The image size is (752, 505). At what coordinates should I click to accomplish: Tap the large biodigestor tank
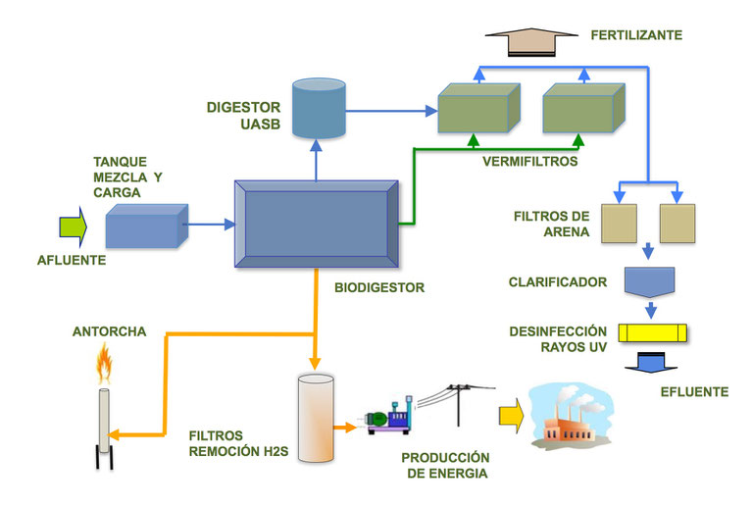pyautogui.click(x=316, y=224)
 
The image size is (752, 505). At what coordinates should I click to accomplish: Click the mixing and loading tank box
pyautogui.click(x=145, y=227)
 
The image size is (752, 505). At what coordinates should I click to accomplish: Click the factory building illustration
pyautogui.click(x=572, y=419)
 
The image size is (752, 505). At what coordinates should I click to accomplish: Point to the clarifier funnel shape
pyautogui.click(x=649, y=283)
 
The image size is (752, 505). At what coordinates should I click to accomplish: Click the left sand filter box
pyautogui.click(x=616, y=223)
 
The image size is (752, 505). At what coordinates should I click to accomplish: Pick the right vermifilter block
pyautogui.click(x=580, y=108)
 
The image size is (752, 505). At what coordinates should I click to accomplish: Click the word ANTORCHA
pyautogui.click(x=109, y=331)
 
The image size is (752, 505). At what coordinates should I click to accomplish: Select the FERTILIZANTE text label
pyautogui.click(x=636, y=36)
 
